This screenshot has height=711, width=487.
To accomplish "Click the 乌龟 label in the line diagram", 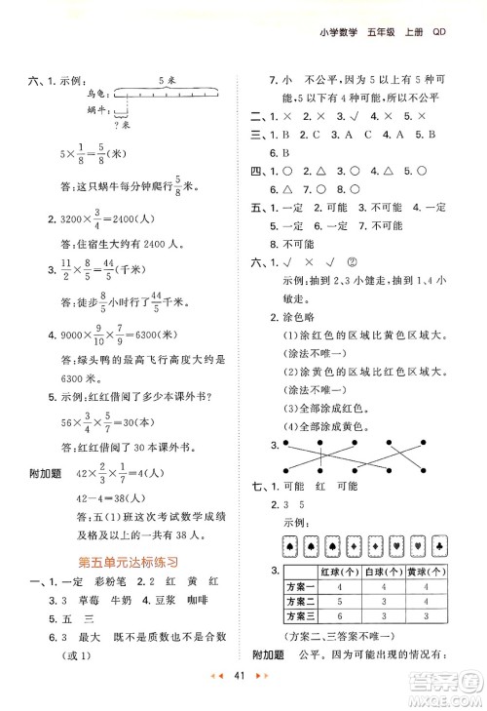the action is [x=94, y=94].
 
